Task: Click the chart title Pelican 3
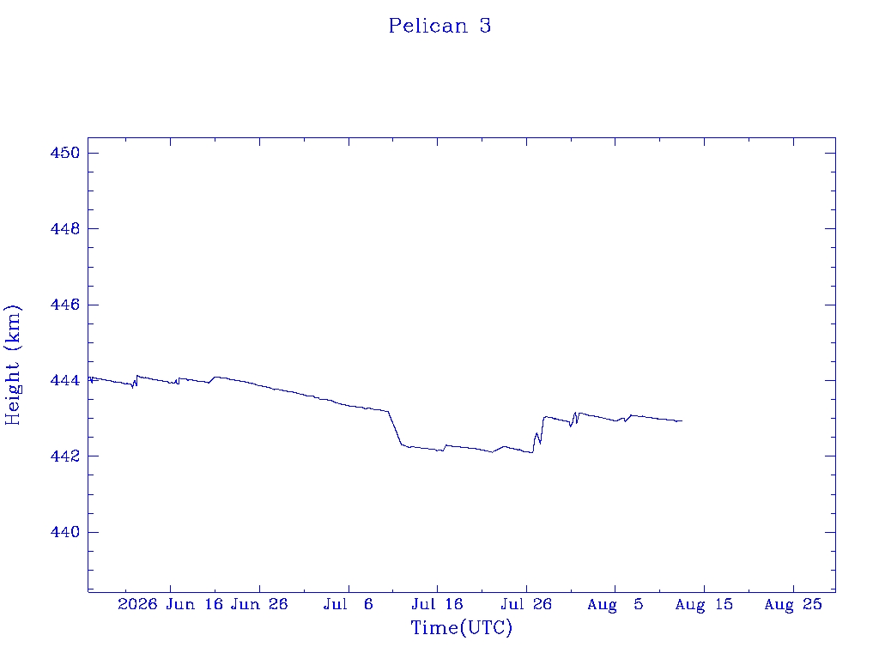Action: click(440, 26)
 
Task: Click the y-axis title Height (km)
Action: click(12, 365)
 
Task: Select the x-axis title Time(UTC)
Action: click(461, 627)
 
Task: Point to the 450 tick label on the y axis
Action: click(65, 153)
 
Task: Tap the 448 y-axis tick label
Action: click(65, 228)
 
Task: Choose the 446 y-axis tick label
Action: click(65, 305)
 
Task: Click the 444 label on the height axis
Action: click(65, 380)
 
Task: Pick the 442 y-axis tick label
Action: click(65, 456)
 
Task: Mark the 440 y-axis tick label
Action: click(65, 532)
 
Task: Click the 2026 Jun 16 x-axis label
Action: click(171, 604)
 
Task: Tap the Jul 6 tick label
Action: click(349, 604)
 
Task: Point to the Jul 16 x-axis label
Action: click(437, 604)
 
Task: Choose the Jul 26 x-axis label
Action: click(526, 604)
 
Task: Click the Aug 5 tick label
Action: click(615, 604)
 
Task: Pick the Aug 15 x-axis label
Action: click(704, 604)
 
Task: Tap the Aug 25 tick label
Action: click(793, 604)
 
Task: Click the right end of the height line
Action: click(682, 420)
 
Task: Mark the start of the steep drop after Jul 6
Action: click(389, 411)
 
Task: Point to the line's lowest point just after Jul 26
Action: click(532, 452)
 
